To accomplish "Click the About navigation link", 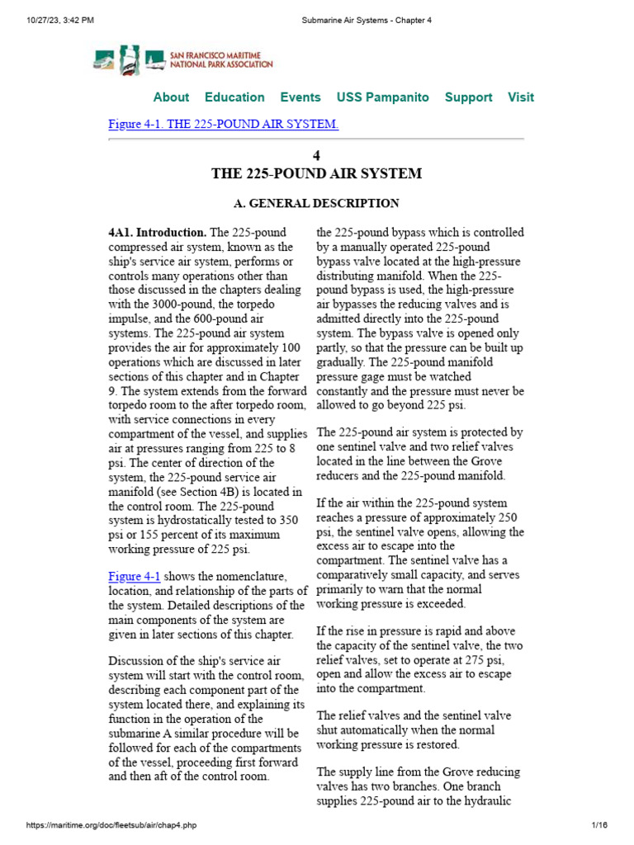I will tap(171, 97).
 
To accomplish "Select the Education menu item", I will tap(234, 97).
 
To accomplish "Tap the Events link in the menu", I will tap(300, 97).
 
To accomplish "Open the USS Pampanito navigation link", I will tap(382, 97).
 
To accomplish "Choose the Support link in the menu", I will tap(468, 97).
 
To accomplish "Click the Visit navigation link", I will tap(520, 97).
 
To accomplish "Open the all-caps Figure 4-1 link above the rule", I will tap(223, 125).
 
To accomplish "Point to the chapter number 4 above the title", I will tap(317, 156).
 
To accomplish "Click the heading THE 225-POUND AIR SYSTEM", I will tap(317, 174).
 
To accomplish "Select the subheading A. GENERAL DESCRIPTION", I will tap(317, 203).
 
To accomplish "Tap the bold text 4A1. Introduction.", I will tap(157, 233).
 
